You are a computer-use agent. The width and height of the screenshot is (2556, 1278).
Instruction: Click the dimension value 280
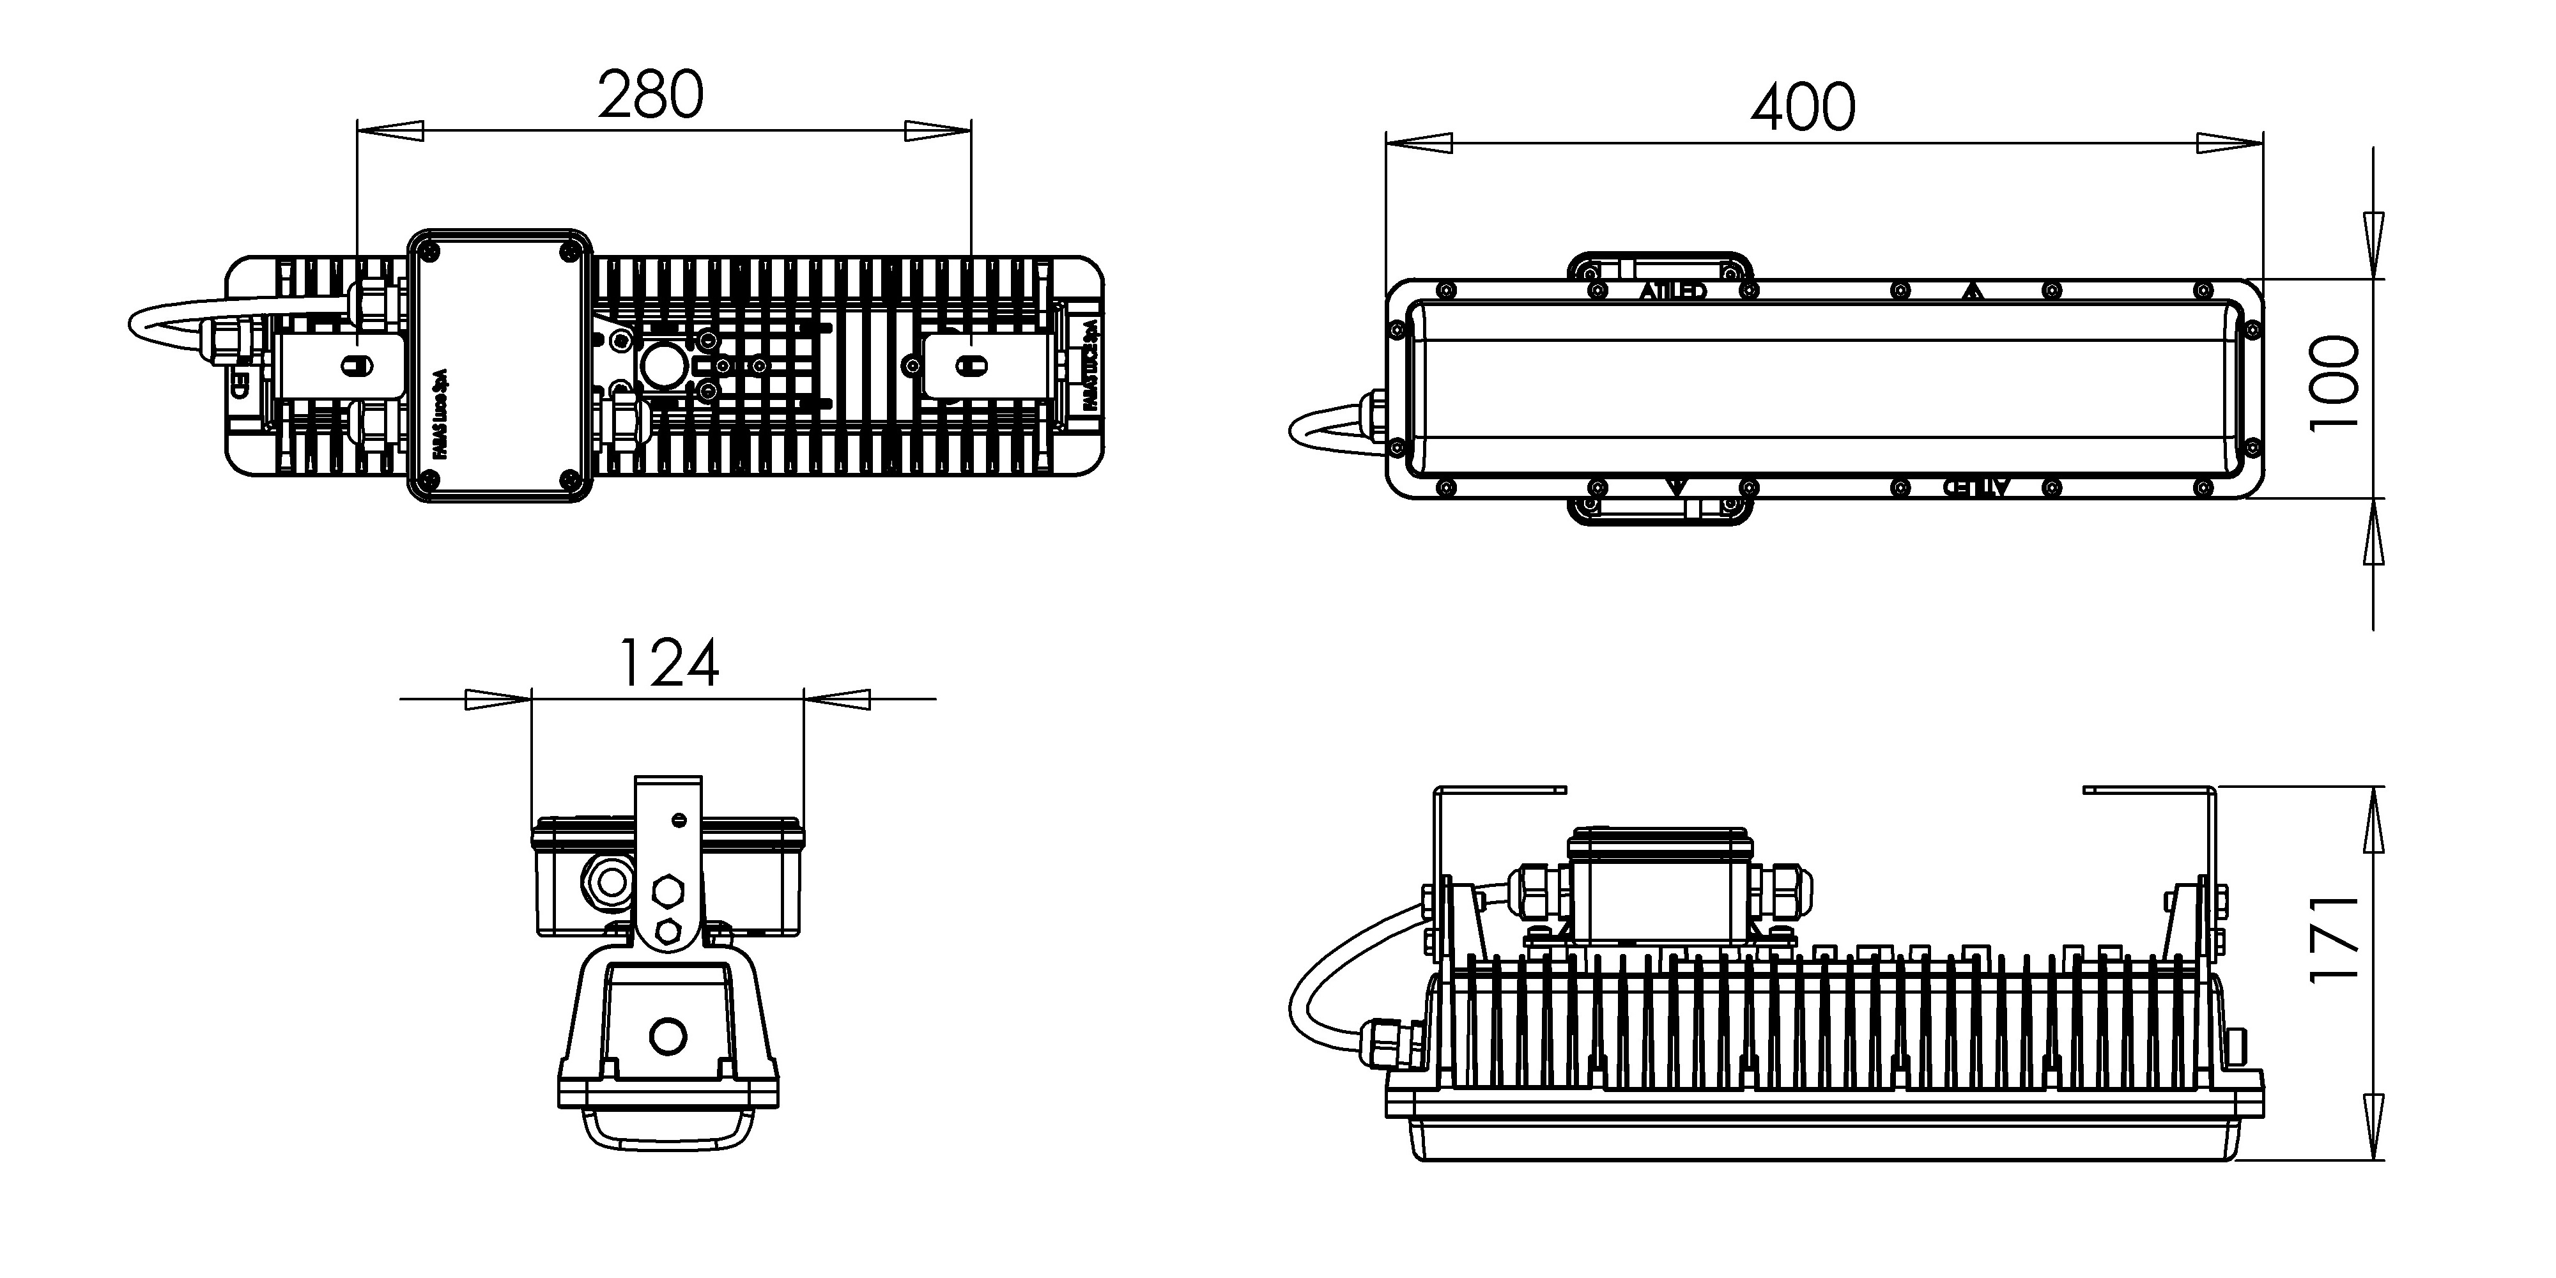click(x=651, y=95)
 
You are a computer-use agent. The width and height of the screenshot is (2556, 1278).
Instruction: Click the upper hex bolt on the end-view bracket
click(x=668, y=891)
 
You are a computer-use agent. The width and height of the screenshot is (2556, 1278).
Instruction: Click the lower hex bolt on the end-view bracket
click(x=668, y=933)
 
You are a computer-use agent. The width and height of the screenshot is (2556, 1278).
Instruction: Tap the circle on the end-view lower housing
click(x=668, y=1036)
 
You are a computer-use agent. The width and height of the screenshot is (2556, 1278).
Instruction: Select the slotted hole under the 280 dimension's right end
click(x=971, y=366)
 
